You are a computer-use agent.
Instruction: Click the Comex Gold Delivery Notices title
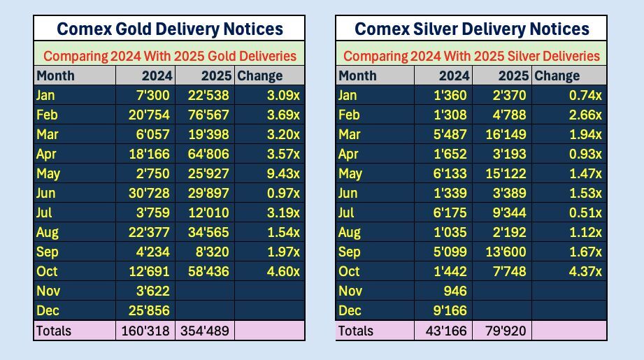[x=169, y=29]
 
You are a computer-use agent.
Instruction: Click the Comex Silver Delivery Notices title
[x=472, y=29]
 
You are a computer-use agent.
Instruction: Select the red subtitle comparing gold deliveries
[x=169, y=55]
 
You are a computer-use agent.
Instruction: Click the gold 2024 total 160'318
[x=145, y=331]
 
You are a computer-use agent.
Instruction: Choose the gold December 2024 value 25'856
[x=145, y=310]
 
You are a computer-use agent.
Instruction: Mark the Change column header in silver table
[x=557, y=75]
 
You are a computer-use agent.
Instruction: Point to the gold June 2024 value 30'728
[x=145, y=193]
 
